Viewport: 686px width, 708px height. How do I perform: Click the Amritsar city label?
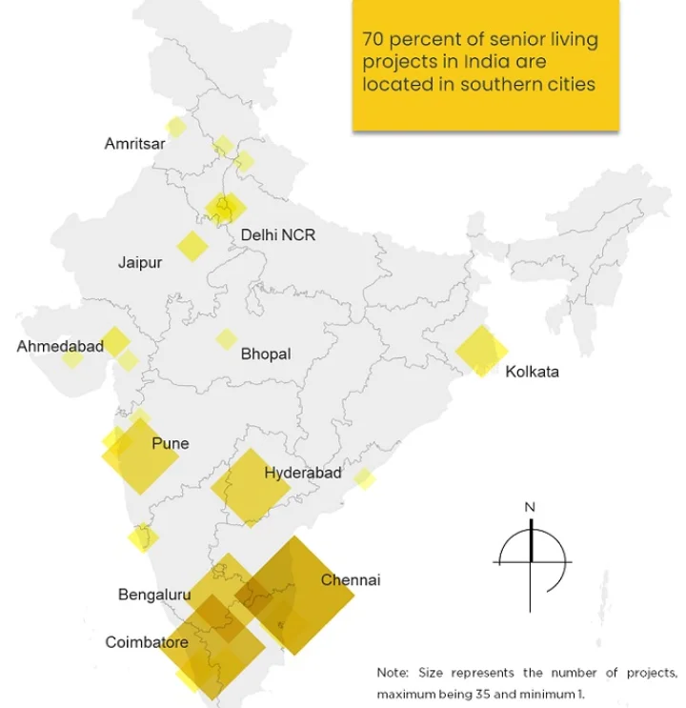coord(134,144)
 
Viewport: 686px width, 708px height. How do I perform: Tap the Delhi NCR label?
coord(277,234)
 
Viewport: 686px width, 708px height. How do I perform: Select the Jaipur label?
coord(140,262)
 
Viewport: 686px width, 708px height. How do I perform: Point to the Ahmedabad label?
coord(60,347)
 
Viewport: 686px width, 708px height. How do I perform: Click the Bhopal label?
coord(266,354)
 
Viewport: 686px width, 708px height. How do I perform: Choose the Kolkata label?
coord(532,372)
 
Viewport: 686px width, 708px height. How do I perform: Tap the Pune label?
coord(171,443)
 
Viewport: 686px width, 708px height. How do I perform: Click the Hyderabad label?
coord(303,473)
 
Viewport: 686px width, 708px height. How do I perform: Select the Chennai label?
coord(351,579)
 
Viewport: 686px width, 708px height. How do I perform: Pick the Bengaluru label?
coord(154,596)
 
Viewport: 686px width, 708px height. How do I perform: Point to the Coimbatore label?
coord(147,643)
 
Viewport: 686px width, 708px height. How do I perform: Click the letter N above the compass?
coord(531,507)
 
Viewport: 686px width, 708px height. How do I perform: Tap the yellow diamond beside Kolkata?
coord(481,350)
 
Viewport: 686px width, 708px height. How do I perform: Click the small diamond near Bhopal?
coord(226,339)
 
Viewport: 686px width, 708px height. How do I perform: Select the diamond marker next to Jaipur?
coord(192,246)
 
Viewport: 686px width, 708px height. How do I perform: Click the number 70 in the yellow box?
coord(373,41)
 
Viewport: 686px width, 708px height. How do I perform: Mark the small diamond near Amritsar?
coord(175,127)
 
